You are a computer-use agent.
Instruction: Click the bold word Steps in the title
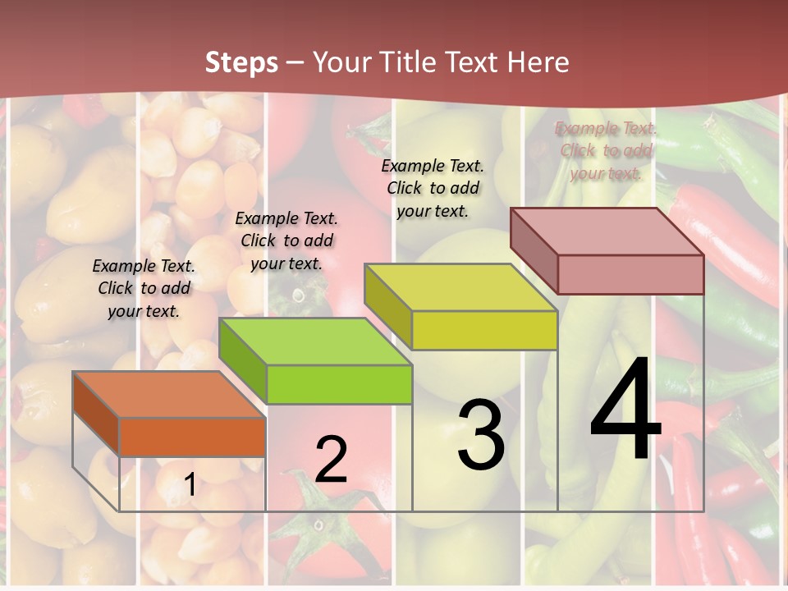(241, 62)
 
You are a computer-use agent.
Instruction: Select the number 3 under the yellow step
(481, 434)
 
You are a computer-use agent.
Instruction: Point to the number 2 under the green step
(331, 459)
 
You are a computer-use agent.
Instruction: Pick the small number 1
(190, 485)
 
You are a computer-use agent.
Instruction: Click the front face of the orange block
(192, 437)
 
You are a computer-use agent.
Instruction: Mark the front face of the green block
(339, 384)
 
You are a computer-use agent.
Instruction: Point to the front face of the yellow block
(484, 331)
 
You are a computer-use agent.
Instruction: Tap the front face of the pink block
(630, 274)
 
